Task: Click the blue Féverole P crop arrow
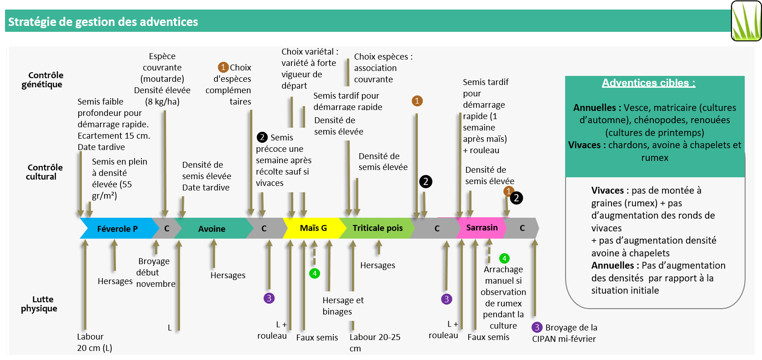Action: (x=117, y=229)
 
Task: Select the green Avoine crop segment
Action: (x=212, y=229)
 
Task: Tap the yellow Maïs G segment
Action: (x=313, y=228)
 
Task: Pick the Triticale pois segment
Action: (x=377, y=228)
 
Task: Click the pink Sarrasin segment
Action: (x=482, y=228)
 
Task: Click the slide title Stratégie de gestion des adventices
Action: (x=103, y=22)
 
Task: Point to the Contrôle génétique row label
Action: (x=42, y=80)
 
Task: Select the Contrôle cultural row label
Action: (x=42, y=172)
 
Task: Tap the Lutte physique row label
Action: (x=40, y=304)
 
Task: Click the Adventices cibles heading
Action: (x=648, y=83)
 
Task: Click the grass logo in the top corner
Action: (x=746, y=21)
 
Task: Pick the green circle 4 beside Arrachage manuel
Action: (x=504, y=259)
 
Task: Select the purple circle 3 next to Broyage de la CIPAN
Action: (x=537, y=327)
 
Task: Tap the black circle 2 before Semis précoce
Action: (x=262, y=137)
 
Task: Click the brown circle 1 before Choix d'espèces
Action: (x=223, y=67)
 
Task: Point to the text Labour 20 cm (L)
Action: (x=94, y=342)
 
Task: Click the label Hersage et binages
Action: (x=343, y=306)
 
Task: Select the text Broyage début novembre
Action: (x=155, y=272)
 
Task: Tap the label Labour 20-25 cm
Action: (x=375, y=342)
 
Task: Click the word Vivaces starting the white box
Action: (x=607, y=190)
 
